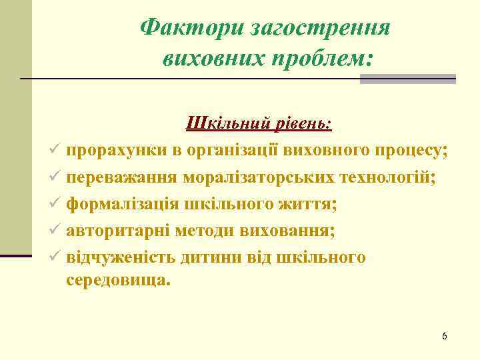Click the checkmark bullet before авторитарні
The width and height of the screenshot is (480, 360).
pos(55,231)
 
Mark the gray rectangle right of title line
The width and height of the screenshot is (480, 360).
pos(407,79)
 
